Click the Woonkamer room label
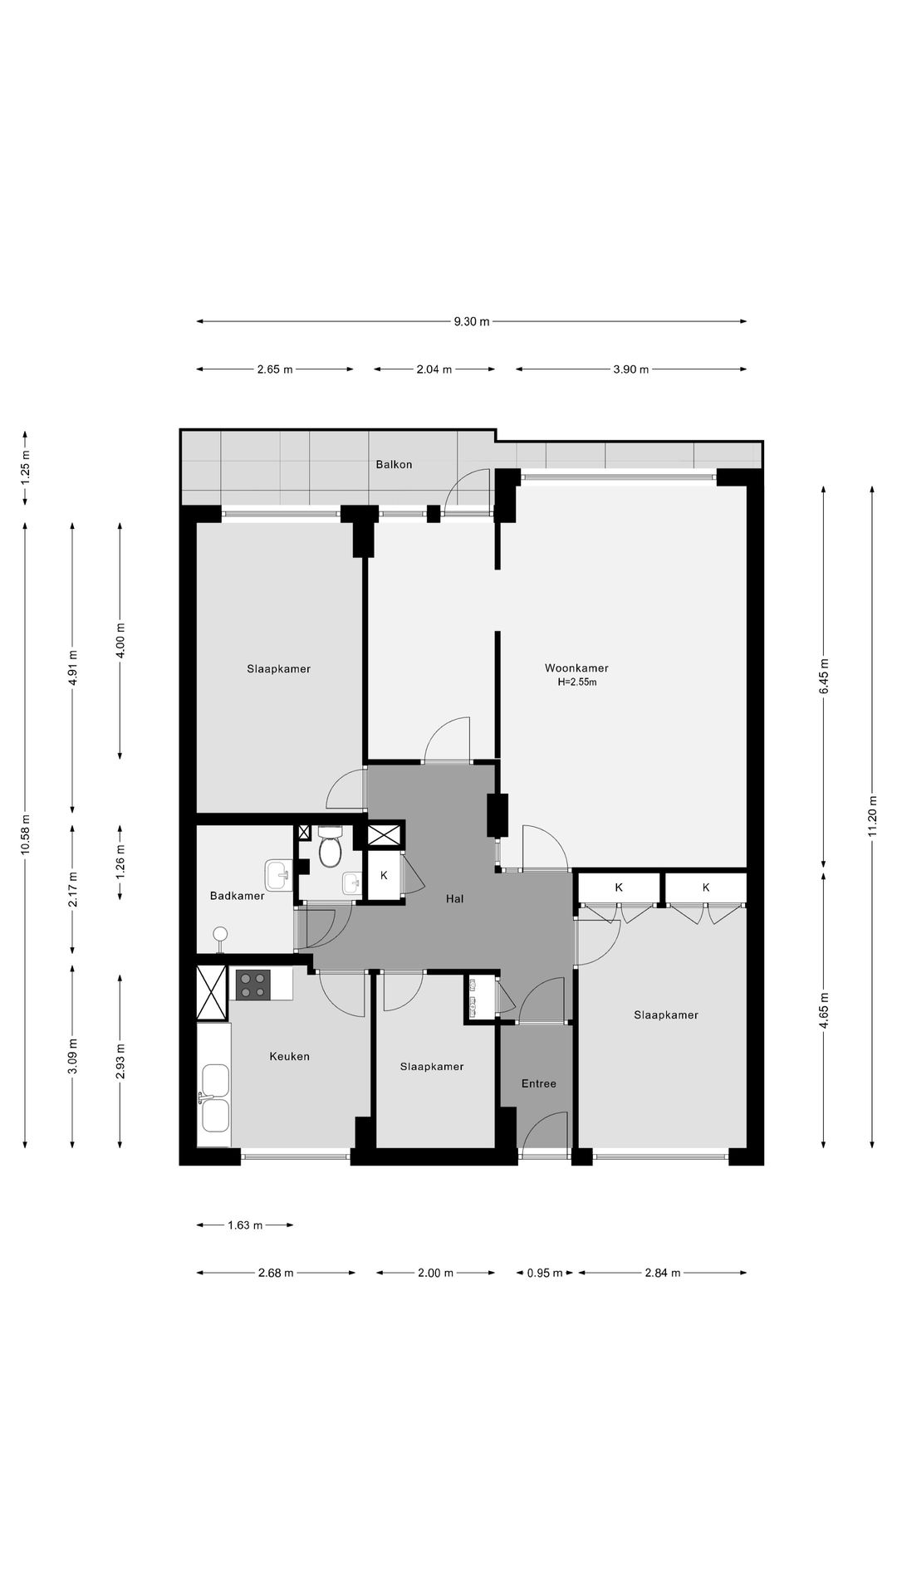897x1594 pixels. [576, 668]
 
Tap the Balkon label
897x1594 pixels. [394, 465]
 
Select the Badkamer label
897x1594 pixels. [238, 896]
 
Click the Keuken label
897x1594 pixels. [290, 1057]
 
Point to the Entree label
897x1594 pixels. [539, 1083]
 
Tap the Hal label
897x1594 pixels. [454, 898]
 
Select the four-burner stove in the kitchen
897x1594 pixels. [252, 985]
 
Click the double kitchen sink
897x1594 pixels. [215, 1098]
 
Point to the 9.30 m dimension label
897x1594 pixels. [472, 322]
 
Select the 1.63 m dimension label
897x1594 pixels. [245, 1225]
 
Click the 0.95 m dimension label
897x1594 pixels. [545, 1273]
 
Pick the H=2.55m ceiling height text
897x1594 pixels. [577, 682]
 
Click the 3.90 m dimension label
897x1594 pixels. [631, 369]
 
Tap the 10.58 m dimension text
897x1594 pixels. [26, 834]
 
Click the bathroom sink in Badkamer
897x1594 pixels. [278, 873]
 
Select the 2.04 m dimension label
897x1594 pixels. [434, 369]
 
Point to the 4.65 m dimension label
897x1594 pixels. [824, 1011]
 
